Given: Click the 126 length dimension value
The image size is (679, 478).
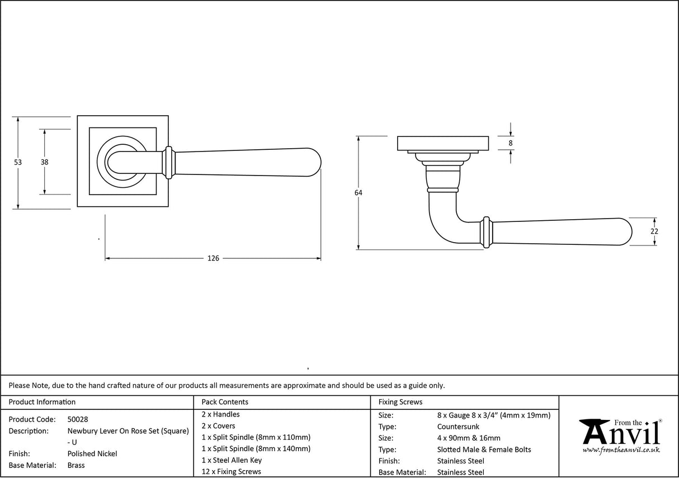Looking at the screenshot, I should (x=213, y=258).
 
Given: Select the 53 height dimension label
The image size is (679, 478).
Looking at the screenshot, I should (x=18, y=162).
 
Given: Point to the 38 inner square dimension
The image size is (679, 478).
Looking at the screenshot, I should (x=44, y=162).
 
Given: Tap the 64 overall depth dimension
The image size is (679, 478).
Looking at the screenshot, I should (x=358, y=193).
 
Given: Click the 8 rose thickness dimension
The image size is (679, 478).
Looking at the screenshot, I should (x=511, y=143).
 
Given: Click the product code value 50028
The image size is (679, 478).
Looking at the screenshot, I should (x=78, y=419).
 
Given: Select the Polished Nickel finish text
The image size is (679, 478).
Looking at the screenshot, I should (x=92, y=454).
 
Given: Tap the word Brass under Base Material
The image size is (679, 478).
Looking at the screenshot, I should (x=76, y=465).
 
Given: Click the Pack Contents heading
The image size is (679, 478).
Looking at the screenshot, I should (x=225, y=402).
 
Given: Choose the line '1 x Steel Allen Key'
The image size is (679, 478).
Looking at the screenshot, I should (x=232, y=460).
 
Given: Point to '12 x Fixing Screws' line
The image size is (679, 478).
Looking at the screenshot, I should (x=231, y=472).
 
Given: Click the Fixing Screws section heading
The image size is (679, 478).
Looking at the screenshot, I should (x=400, y=402).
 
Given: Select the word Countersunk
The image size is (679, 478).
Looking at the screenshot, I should (x=458, y=427).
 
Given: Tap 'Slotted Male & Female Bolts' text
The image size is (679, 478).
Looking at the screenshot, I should (x=484, y=449).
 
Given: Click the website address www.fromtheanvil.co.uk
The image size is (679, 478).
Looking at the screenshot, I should (x=621, y=450).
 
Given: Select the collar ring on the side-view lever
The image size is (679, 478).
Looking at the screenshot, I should (x=487, y=231).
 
